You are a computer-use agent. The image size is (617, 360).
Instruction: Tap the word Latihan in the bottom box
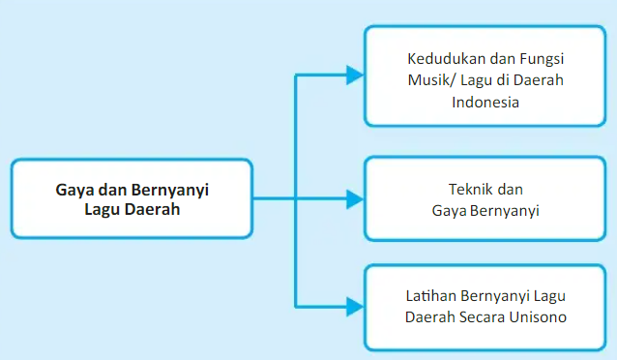point(429,294)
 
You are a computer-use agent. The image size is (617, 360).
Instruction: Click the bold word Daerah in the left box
point(153,209)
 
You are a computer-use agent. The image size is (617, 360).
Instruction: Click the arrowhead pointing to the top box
point(354,74)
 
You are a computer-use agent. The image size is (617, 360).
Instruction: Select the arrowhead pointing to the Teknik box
point(354,199)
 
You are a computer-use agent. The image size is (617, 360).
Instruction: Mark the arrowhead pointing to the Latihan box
point(354,306)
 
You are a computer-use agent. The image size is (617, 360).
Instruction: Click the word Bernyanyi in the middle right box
point(506,209)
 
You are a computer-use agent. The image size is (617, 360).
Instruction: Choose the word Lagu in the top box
point(485,78)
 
